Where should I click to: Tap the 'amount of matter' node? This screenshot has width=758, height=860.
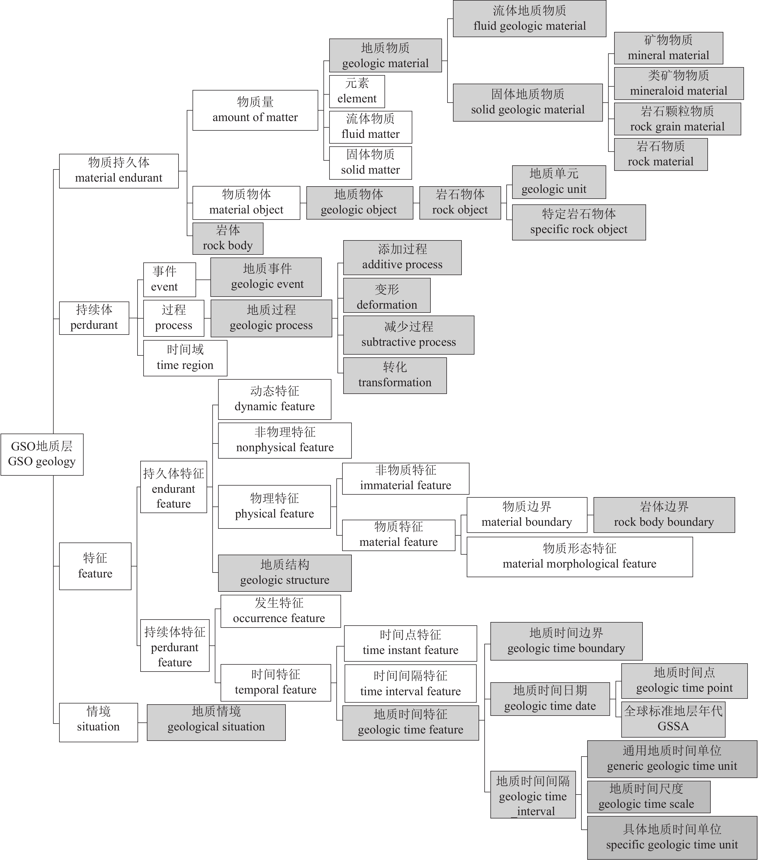click(255, 110)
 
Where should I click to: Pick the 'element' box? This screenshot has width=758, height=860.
click(357, 91)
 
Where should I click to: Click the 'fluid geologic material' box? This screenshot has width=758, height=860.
click(529, 18)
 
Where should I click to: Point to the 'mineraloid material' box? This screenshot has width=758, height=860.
click(679, 83)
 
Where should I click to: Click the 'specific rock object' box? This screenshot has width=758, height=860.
click(578, 222)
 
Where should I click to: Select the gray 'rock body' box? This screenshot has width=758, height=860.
click(227, 238)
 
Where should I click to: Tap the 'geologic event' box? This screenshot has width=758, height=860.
click(266, 277)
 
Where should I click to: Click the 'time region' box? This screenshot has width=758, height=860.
click(185, 358)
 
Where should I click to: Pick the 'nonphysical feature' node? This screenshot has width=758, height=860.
click(285, 440)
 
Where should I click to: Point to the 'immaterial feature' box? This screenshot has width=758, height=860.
click(405, 478)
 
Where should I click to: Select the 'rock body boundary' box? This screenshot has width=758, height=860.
click(664, 514)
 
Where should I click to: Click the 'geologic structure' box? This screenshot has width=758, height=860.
click(285, 573)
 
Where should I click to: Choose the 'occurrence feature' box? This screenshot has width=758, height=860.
click(281, 611)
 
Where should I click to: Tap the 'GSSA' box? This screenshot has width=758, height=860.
click(673, 719)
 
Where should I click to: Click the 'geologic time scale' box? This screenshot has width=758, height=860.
click(648, 796)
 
